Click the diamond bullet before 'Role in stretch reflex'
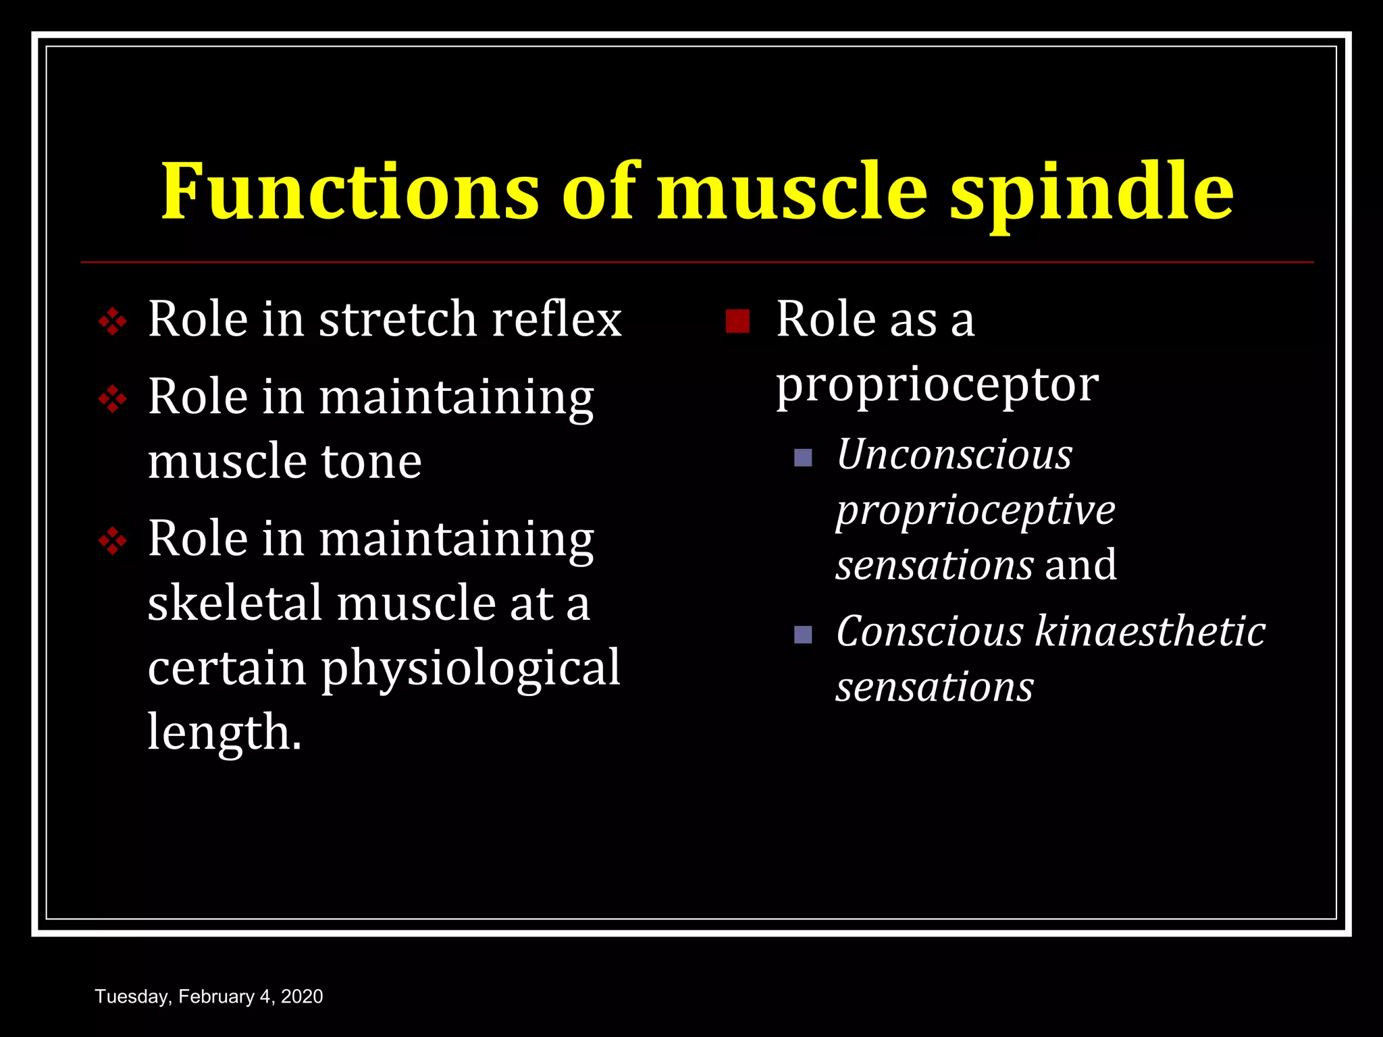(x=112, y=321)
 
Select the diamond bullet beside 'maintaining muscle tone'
(x=112, y=399)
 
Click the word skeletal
(x=234, y=603)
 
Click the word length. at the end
(x=224, y=733)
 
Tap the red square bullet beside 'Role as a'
(x=737, y=321)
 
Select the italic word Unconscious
(x=954, y=454)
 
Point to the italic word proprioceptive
(x=975, y=510)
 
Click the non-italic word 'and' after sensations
(x=1080, y=564)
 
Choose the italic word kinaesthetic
(x=1150, y=632)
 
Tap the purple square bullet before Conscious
(x=803, y=635)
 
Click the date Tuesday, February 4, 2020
(x=209, y=996)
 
